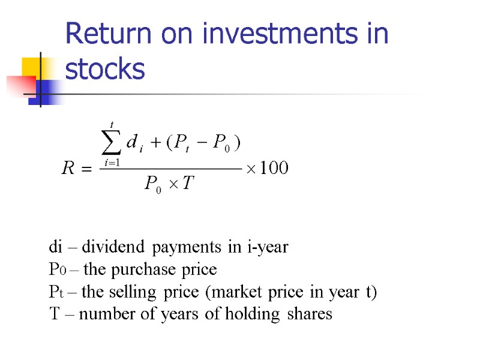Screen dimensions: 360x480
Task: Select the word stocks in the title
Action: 105,70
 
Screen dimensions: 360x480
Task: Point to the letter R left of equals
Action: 68,169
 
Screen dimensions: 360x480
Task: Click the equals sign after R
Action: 86,170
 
